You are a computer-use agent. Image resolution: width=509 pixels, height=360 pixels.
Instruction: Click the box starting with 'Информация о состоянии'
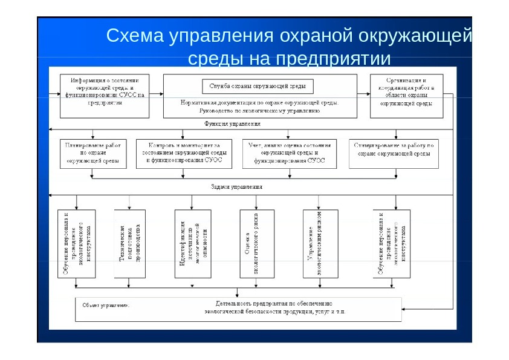pyautogui.click(x=103, y=91)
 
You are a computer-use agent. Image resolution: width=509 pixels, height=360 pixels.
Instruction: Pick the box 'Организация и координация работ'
pyautogui.click(x=406, y=91)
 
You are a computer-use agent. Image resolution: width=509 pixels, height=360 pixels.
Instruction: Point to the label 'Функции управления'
pyautogui.click(x=233, y=123)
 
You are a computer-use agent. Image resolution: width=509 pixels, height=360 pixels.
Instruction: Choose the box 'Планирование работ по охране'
pyautogui.click(x=92, y=153)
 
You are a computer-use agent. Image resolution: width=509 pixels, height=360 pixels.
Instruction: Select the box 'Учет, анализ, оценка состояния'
pyautogui.click(x=290, y=153)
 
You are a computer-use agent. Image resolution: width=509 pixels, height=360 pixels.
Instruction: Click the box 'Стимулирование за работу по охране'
pyautogui.click(x=394, y=153)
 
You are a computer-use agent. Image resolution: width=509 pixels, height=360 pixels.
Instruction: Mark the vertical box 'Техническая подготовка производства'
pyautogui.click(x=130, y=244)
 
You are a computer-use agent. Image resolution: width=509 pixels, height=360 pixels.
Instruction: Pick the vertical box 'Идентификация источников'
pyautogui.click(x=193, y=244)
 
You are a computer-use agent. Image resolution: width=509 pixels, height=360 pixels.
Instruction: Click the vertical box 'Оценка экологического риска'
pyautogui.click(x=256, y=244)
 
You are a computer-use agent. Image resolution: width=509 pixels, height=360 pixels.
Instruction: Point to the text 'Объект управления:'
pyautogui.click(x=106, y=305)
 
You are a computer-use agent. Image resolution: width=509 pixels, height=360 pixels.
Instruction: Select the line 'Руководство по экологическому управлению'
pyautogui.click(x=258, y=111)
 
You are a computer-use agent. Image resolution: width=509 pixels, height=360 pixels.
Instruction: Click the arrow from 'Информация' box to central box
pyautogui.click(x=155, y=93)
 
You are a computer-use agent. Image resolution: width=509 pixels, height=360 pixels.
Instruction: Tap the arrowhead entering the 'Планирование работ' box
pyautogui.click(x=92, y=138)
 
